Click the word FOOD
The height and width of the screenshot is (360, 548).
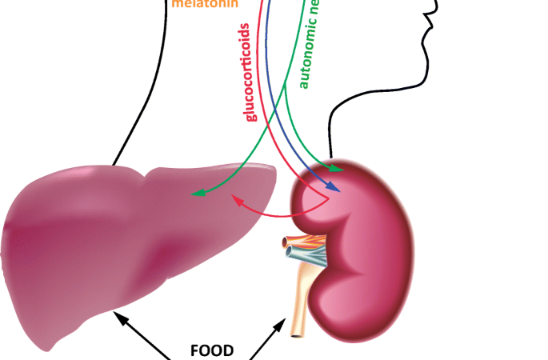tap(212, 350)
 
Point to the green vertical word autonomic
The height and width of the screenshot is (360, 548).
tap(306, 48)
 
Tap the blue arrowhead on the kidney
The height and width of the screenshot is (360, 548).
tap(337, 190)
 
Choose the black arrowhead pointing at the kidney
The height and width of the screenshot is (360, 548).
tap(284, 321)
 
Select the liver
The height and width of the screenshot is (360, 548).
tap(120, 240)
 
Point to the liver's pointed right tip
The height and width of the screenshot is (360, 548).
tap(276, 169)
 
